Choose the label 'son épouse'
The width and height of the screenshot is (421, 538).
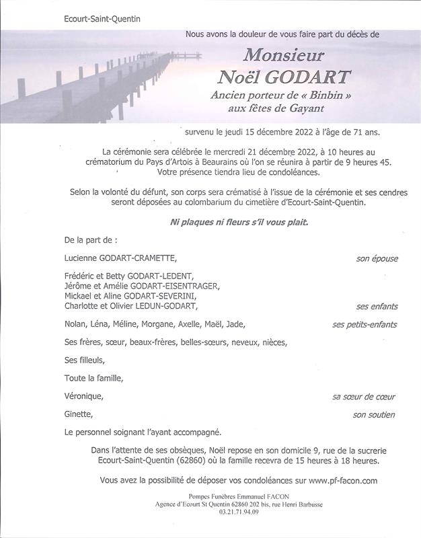click(x=377, y=258)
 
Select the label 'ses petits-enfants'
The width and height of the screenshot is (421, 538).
click(x=365, y=324)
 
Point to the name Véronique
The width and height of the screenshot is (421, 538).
click(x=85, y=397)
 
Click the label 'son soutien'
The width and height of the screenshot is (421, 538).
click(x=374, y=415)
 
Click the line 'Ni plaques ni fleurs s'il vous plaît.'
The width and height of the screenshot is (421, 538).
click(x=231, y=222)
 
